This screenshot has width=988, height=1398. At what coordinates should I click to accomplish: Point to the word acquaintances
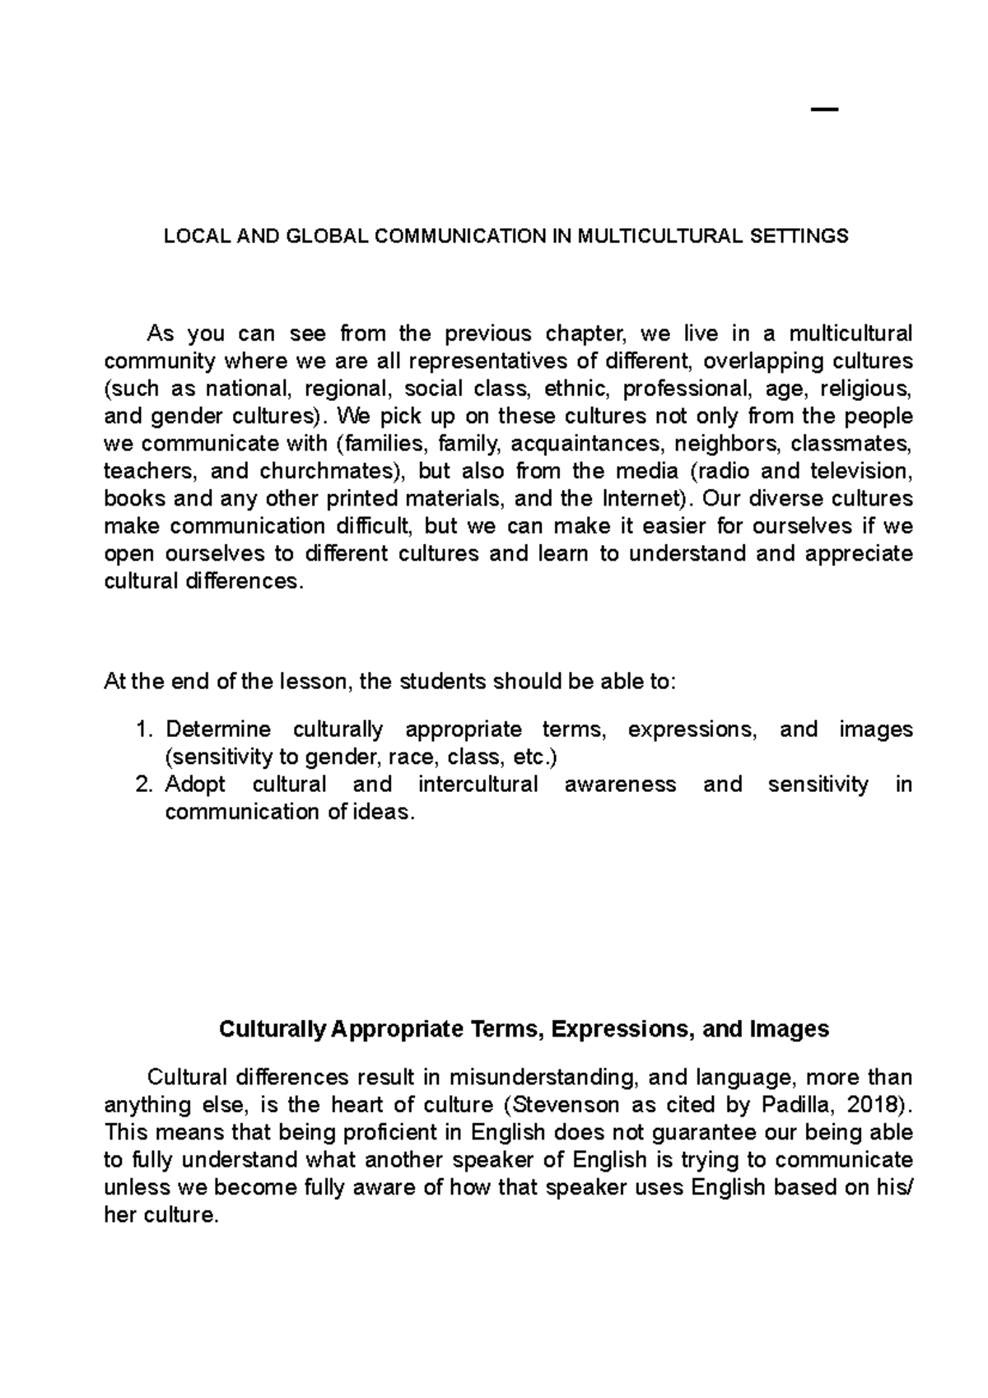(x=586, y=445)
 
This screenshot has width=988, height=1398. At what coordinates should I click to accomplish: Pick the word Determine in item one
(x=218, y=730)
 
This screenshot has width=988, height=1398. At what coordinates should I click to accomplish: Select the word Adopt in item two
(x=195, y=785)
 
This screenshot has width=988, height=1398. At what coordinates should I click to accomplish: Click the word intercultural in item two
(x=478, y=785)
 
